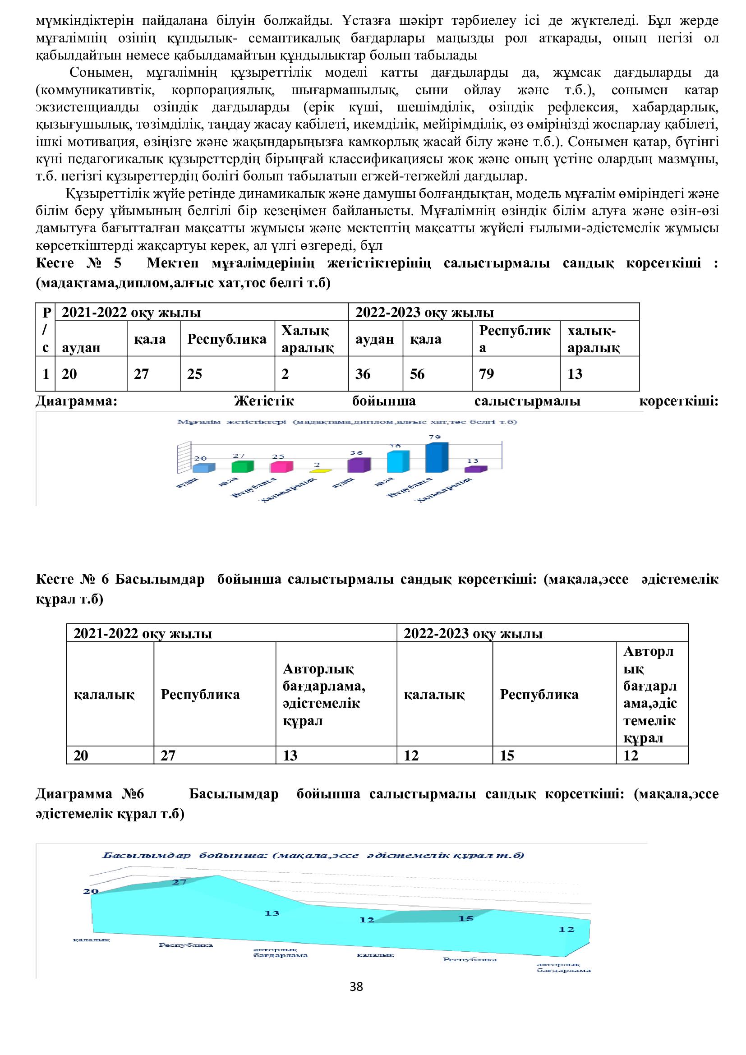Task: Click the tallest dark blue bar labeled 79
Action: (437, 458)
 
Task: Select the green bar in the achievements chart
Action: (242, 466)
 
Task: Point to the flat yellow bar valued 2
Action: (320, 471)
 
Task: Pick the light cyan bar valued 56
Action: (397, 462)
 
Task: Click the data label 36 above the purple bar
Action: (356, 452)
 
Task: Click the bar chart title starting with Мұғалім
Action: (347, 422)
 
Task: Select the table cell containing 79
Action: (516, 373)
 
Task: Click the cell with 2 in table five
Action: (312, 373)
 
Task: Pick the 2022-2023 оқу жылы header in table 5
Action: (493, 313)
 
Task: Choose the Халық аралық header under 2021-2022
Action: (312, 339)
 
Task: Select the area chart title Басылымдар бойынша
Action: (313, 856)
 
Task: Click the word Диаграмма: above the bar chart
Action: (77, 401)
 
